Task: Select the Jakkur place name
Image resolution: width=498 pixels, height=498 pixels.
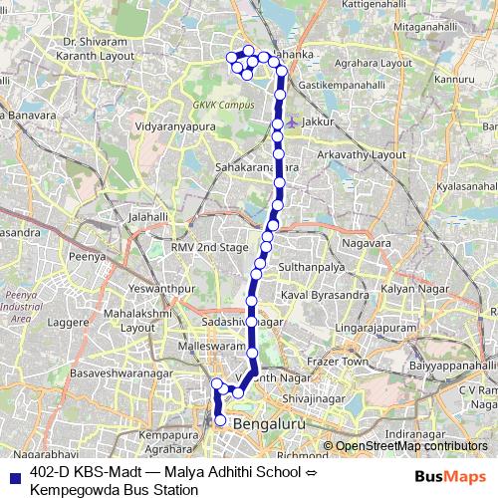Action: (316, 122)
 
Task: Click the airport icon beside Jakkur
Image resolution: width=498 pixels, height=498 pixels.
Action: (291, 122)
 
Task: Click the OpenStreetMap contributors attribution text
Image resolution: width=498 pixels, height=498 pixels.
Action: (411, 447)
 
